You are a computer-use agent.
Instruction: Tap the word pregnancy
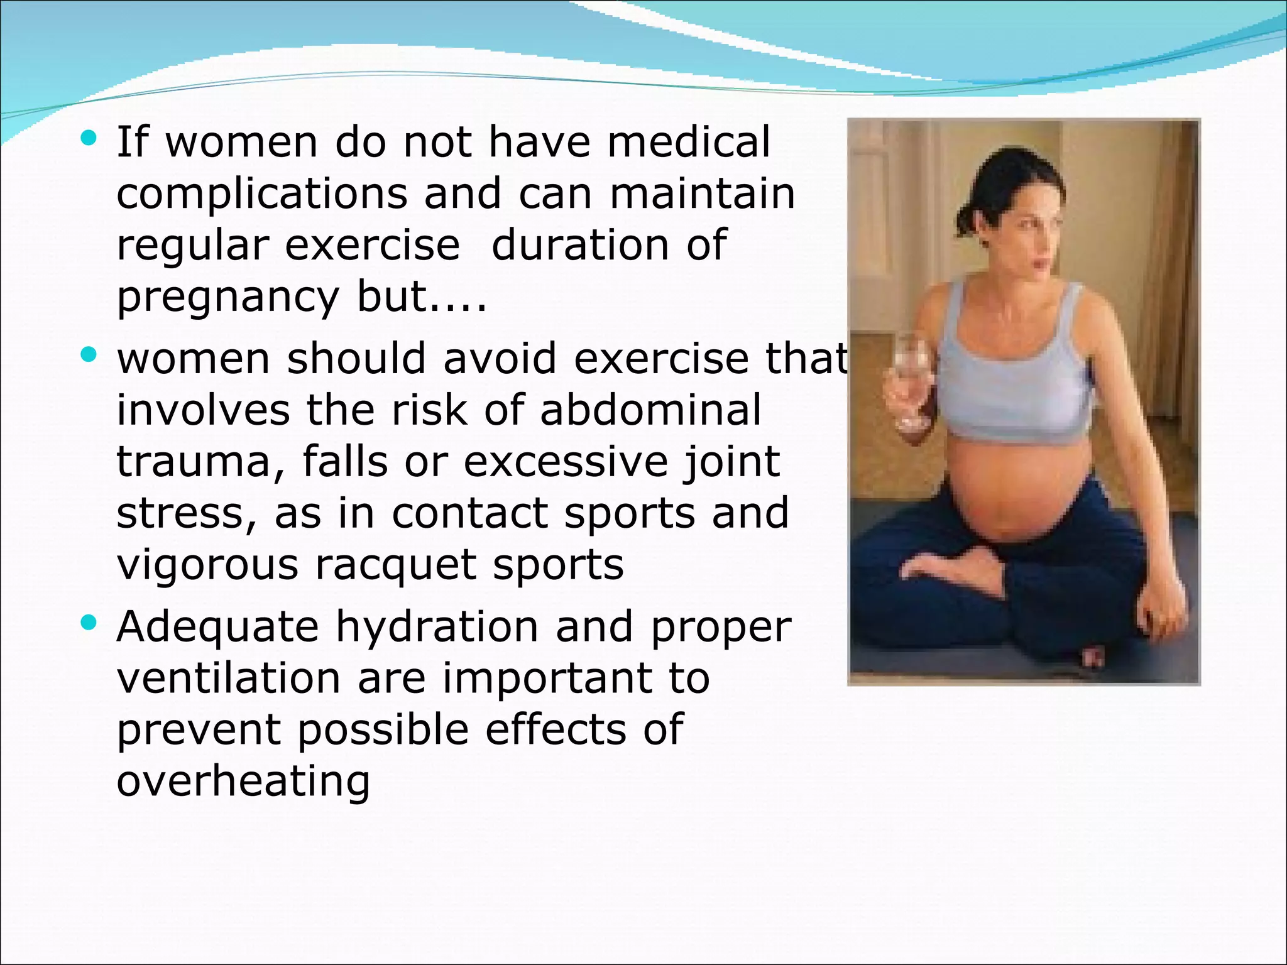227,298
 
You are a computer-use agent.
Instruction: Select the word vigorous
207,565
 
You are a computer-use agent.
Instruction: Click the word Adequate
217,627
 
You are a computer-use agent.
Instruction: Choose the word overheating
243,782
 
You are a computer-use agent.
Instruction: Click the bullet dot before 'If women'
89,138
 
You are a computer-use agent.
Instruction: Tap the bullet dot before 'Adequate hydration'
89,623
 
